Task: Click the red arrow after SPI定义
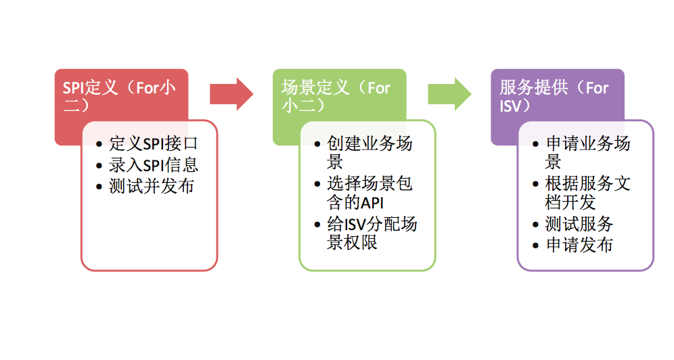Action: (x=231, y=94)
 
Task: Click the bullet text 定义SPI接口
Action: (x=154, y=144)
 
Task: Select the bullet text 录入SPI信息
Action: (x=154, y=165)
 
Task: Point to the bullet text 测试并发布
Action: (x=151, y=186)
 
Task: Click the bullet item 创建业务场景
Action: (x=369, y=152)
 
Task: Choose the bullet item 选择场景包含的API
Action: (x=369, y=193)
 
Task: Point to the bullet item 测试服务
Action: (x=579, y=224)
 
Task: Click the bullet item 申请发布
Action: (x=579, y=245)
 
